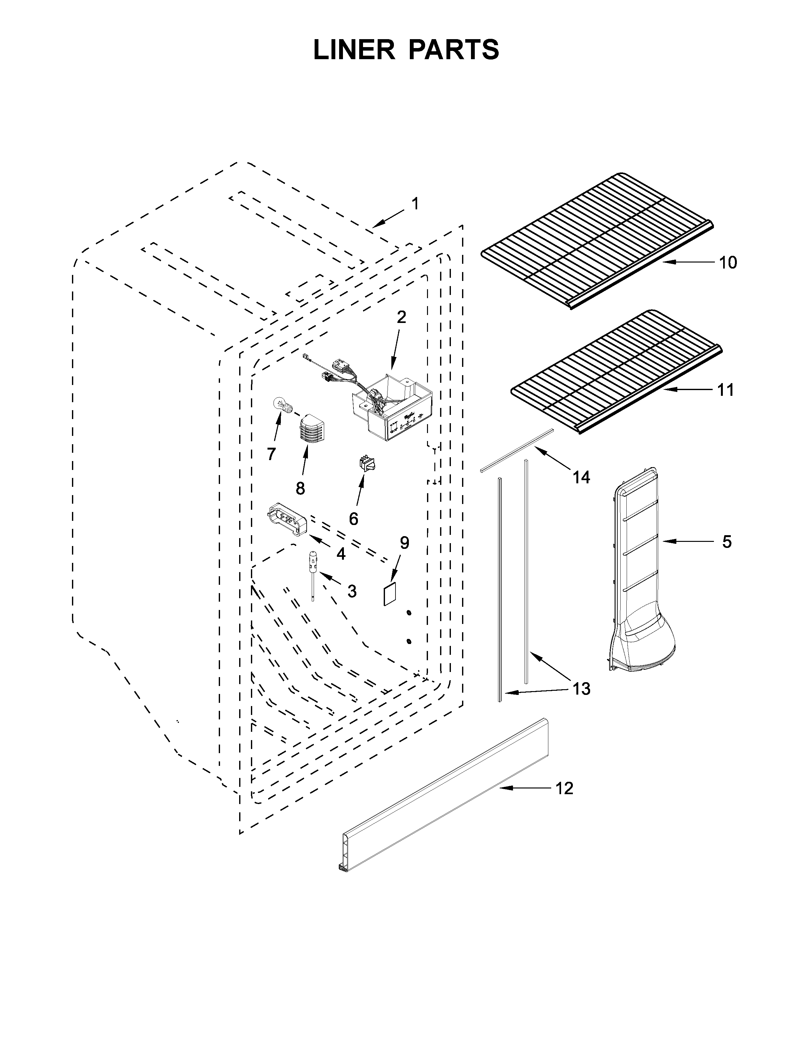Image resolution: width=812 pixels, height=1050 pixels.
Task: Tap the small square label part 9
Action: [389, 594]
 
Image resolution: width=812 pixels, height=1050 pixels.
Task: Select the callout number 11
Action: [725, 390]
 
